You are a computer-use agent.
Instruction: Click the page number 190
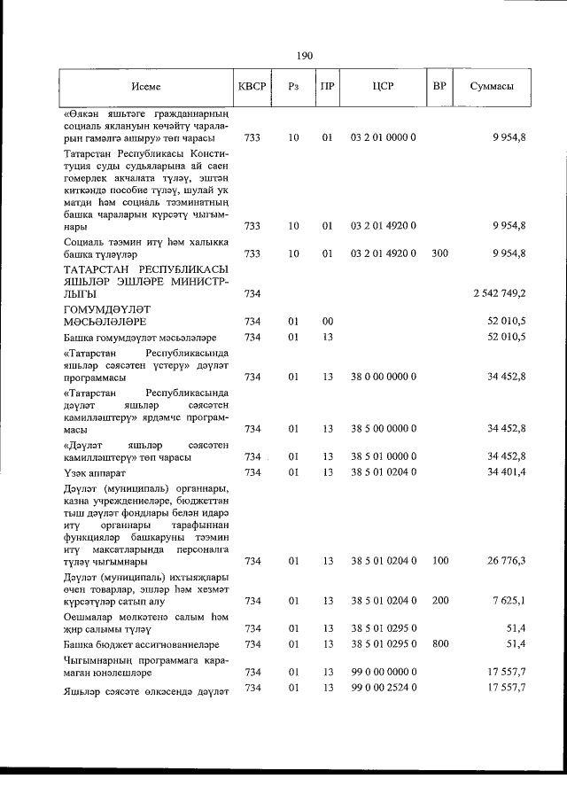pos(305,56)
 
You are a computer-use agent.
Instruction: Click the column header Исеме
pos(147,87)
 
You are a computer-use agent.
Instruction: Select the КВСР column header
pos(252,87)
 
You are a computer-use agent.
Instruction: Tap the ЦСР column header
pos(384,87)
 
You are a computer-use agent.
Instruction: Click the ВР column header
pos(439,87)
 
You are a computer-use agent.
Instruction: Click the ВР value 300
pos(439,253)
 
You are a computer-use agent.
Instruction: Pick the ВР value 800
pos(439,642)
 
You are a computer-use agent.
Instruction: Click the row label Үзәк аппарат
pos(95,472)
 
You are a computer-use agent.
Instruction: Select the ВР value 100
pos(439,560)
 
